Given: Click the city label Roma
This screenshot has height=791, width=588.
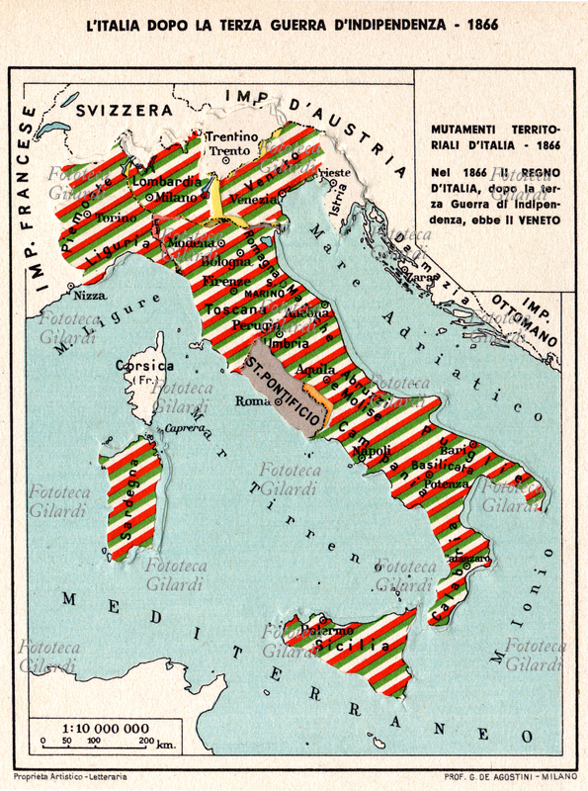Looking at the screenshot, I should pyautogui.click(x=253, y=401).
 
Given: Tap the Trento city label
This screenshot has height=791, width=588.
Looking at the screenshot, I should pyautogui.click(x=229, y=151).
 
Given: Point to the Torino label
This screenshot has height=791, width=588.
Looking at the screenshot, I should pyautogui.click(x=117, y=217).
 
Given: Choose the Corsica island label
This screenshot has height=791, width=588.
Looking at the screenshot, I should pyautogui.click(x=146, y=365).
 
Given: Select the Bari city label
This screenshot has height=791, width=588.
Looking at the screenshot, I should pyautogui.click(x=454, y=451).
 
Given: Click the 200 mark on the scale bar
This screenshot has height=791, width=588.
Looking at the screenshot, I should pyautogui.click(x=145, y=740).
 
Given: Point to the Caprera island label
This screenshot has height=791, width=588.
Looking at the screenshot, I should pyautogui.click(x=184, y=427).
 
